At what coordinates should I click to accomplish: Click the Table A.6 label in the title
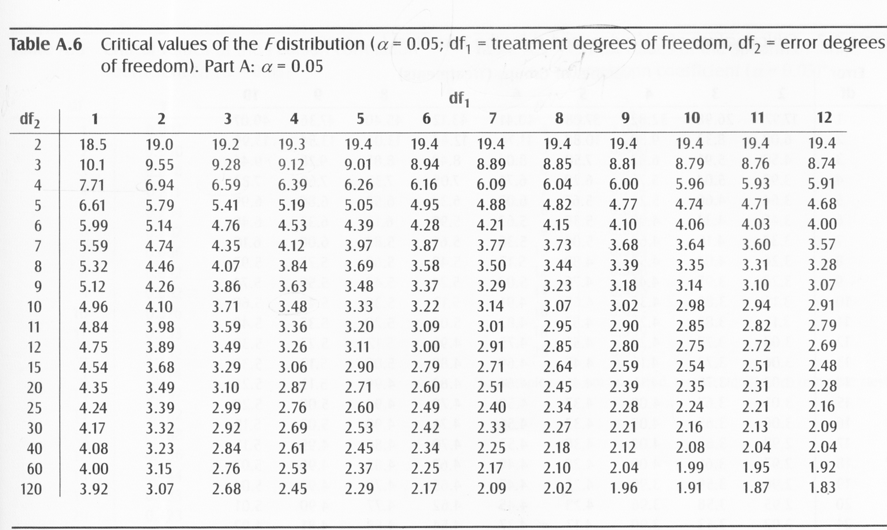46,45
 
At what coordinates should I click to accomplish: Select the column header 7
493,118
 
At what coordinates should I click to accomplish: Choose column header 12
824,117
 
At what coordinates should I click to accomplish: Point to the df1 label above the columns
459,100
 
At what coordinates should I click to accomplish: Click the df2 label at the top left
30,120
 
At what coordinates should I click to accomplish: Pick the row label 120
31,489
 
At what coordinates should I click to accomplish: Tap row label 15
34,367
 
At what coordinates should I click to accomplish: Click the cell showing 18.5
93,145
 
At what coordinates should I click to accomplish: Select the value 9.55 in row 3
159,165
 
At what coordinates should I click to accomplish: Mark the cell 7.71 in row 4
91,185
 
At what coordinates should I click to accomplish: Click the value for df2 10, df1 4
292,306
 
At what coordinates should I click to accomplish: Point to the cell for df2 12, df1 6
425,346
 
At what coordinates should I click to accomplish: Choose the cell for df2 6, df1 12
822,224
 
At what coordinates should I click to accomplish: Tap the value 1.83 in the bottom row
822,487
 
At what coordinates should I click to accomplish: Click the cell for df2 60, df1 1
94,469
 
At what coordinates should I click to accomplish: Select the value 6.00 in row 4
623,184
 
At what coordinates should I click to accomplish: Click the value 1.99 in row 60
690,467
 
